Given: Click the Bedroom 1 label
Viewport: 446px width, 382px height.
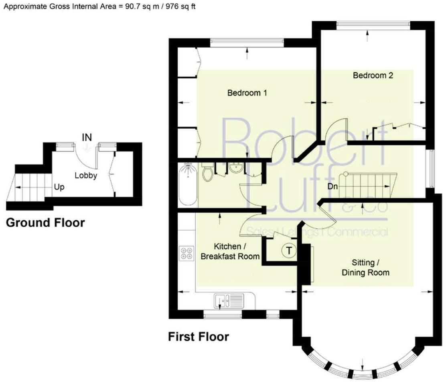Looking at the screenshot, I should [x=247, y=93].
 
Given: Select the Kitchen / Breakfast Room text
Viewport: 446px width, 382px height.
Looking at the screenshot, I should [x=230, y=251].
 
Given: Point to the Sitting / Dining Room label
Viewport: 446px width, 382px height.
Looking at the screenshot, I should [x=365, y=268].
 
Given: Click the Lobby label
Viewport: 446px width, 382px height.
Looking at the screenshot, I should [x=86, y=175].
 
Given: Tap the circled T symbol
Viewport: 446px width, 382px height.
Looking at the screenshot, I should [x=288, y=250].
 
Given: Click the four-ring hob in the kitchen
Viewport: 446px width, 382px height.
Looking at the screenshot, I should [x=186, y=252].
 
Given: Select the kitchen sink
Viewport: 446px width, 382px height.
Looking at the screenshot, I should [x=229, y=300].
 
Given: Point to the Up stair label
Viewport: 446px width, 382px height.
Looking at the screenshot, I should [x=59, y=187].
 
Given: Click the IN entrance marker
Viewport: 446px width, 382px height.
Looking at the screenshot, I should [x=87, y=137].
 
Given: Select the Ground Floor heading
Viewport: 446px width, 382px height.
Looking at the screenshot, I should [x=45, y=223].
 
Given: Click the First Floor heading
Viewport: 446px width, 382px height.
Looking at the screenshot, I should [x=198, y=336].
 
